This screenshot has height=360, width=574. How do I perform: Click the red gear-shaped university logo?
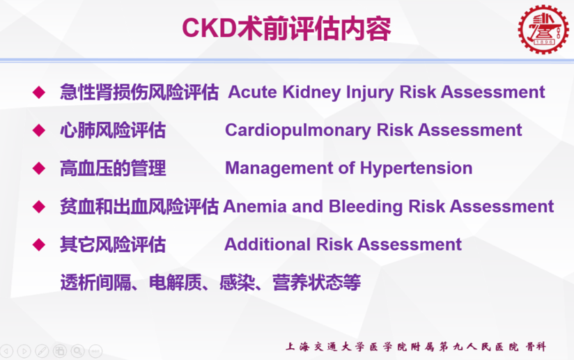[543, 30]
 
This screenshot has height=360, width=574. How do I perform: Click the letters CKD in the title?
[210, 28]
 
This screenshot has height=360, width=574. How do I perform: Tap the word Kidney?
[311, 92]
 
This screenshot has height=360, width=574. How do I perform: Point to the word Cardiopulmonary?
[298, 131]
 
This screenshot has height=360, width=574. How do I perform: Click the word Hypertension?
[417, 169]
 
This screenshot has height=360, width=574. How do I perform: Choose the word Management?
[279, 169]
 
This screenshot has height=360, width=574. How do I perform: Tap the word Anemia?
[255, 207]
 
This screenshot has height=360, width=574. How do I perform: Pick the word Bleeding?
[366, 207]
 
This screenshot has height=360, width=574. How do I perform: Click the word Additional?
[267, 244]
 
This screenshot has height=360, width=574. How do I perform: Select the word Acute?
[253, 92]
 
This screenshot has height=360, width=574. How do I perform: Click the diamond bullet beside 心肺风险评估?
[39, 131]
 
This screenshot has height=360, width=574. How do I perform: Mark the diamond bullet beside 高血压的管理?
[39, 169]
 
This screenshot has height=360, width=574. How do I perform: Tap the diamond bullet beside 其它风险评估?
[39, 244]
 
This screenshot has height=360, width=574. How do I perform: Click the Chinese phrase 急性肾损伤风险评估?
[139, 92]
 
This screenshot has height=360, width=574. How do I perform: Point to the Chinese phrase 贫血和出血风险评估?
[139, 207]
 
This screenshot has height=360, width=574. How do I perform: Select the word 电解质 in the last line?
[176, 283]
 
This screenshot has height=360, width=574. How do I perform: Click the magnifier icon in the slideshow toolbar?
[77, 351]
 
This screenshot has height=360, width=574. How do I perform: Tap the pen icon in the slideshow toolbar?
[42, 351]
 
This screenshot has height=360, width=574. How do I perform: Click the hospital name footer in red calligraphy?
[416, 347]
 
